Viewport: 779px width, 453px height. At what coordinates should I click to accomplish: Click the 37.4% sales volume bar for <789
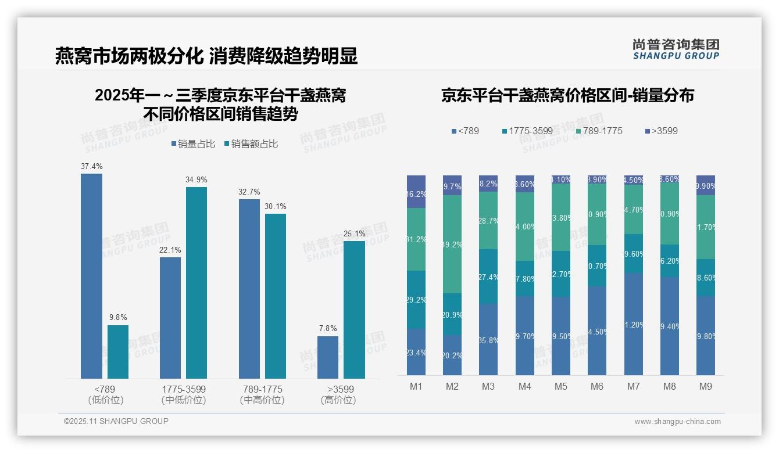[91, 276]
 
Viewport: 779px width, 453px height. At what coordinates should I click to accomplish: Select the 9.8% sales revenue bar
[118, 351]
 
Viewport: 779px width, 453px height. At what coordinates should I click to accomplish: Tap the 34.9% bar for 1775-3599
[196, 283]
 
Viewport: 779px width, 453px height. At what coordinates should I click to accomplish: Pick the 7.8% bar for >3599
[328, 357]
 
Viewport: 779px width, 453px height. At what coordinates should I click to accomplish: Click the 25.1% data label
[355, 234]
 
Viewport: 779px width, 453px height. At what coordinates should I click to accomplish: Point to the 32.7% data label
[249, 192]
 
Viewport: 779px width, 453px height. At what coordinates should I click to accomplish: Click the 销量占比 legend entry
[193, 144]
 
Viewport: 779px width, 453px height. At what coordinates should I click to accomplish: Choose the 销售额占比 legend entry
[251, 144]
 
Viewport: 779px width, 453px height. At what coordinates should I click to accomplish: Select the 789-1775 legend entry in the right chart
[599, 131]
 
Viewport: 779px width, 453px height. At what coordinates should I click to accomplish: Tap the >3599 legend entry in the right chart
[661, 131]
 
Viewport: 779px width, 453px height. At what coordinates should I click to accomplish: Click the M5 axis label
[560, 386]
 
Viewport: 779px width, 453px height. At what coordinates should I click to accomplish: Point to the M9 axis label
[705, 386]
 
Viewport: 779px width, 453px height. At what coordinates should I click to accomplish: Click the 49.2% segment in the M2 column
[452, 244]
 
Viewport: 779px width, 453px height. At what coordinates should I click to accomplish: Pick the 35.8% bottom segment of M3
[488, 340]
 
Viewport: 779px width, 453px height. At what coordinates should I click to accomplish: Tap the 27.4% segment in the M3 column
[488, 276]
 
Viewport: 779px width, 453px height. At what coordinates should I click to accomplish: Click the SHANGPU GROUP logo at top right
[676, 49]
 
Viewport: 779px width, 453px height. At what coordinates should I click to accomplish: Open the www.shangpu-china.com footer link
[677, 422]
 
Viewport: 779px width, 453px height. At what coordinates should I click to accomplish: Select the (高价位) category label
[338, 400]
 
